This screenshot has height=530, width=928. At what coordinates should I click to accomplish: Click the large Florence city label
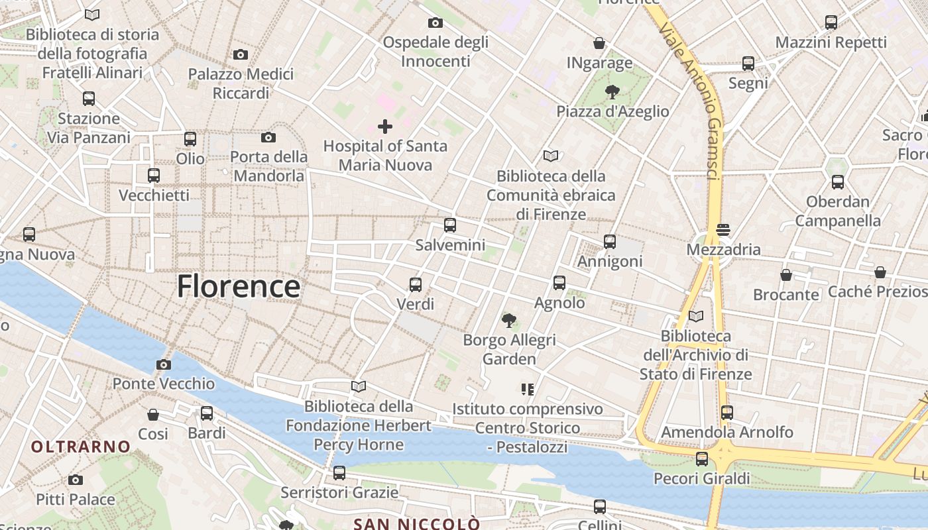[239, 287]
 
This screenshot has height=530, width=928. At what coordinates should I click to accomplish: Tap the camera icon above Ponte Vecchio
[164, 364]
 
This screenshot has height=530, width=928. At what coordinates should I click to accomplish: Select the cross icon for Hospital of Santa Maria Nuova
[385, 126]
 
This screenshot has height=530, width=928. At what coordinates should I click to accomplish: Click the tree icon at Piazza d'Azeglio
[612, 92]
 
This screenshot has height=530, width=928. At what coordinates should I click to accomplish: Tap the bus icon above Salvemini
[450, 225]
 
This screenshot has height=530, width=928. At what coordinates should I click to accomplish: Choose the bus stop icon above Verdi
[416, 285]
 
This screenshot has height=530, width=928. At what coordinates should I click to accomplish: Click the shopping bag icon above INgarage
[599, 43]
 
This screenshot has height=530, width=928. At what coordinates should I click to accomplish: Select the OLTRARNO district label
[81, 447]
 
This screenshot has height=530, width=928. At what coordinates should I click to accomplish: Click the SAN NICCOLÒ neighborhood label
[417, 524]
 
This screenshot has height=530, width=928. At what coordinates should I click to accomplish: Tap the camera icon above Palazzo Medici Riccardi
[241, 54]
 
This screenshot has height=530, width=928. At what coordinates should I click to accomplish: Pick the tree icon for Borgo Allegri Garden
[509, 321]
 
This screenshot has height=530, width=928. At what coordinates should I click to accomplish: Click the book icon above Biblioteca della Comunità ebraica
[551, 156]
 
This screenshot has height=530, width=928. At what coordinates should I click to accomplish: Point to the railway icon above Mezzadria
[723, 230]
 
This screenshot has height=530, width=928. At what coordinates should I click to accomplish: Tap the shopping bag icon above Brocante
[786, 274]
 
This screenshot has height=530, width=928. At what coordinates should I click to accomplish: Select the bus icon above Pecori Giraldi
[702, 458]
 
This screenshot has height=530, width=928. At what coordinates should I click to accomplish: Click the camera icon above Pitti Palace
[76, 480]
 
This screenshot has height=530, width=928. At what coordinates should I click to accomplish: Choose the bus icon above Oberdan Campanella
[838, 182]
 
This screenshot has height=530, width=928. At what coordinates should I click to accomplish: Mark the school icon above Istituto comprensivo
[528, 389]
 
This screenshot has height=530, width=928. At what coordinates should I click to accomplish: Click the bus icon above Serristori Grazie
[339, 473]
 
